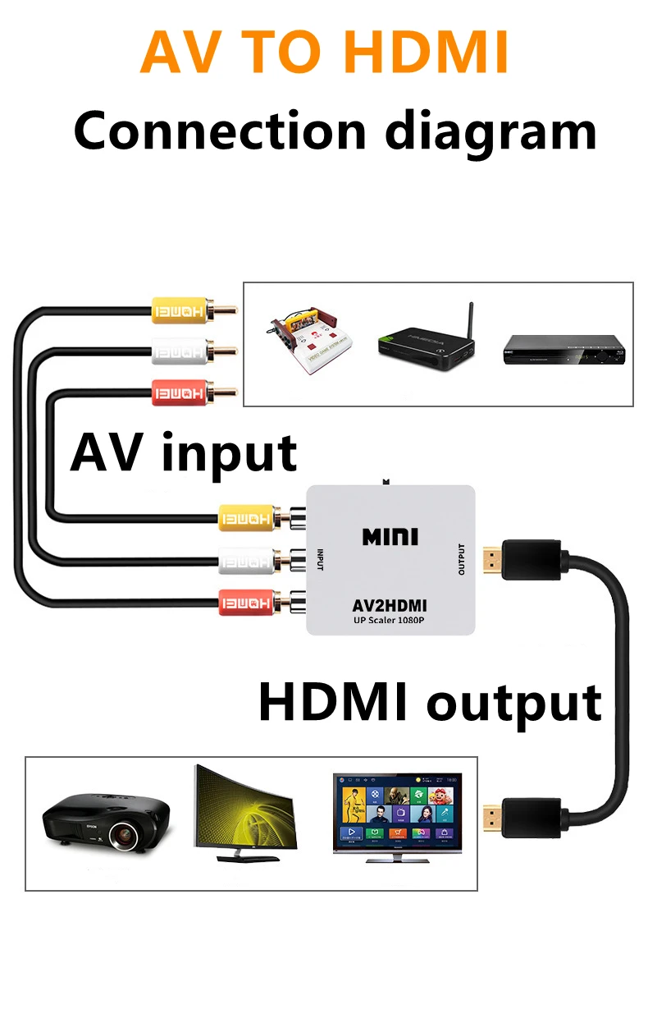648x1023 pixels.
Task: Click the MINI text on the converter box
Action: pos(390,538)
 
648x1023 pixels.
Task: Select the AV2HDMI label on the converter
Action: pos(390,605)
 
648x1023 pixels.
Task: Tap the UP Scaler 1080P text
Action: pos(390,621)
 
